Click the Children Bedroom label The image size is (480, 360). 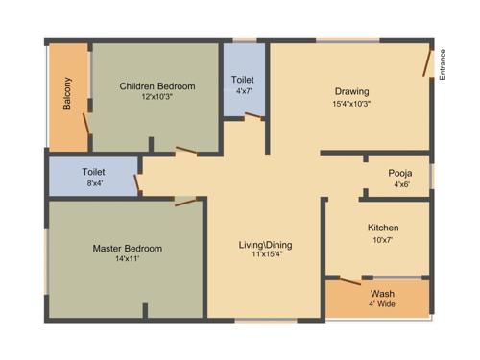click(156, 86)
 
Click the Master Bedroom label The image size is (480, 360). click(127, 249)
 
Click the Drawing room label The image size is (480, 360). click(350, 92)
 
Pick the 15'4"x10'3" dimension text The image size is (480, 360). click(350, 104)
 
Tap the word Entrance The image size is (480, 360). click(444, 64)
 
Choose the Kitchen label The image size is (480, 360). click(383, 228)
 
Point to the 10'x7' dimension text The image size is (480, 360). click(383, 239)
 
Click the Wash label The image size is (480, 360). click(381, 294)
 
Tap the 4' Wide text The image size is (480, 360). click(381, 305)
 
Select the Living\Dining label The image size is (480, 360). click(265, 245)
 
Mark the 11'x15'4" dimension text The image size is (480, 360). click(265, 256)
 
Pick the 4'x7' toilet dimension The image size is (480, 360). click(243, 92)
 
